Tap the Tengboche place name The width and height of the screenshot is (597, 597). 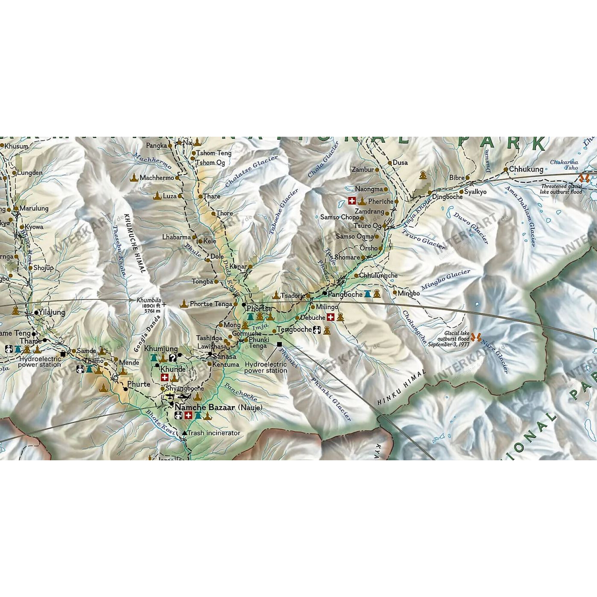point(294,330)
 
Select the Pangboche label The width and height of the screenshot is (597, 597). point(345,294)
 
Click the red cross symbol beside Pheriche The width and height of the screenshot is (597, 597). point(352,201)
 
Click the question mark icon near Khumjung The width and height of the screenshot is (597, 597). point(173,358)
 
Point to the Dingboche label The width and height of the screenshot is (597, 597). point(447,196)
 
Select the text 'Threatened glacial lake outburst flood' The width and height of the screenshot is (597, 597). point(561,189)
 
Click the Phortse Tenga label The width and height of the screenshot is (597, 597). point(211,304)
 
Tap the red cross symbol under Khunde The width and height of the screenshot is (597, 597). point(165,378)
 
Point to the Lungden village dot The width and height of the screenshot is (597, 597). point(14,173)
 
